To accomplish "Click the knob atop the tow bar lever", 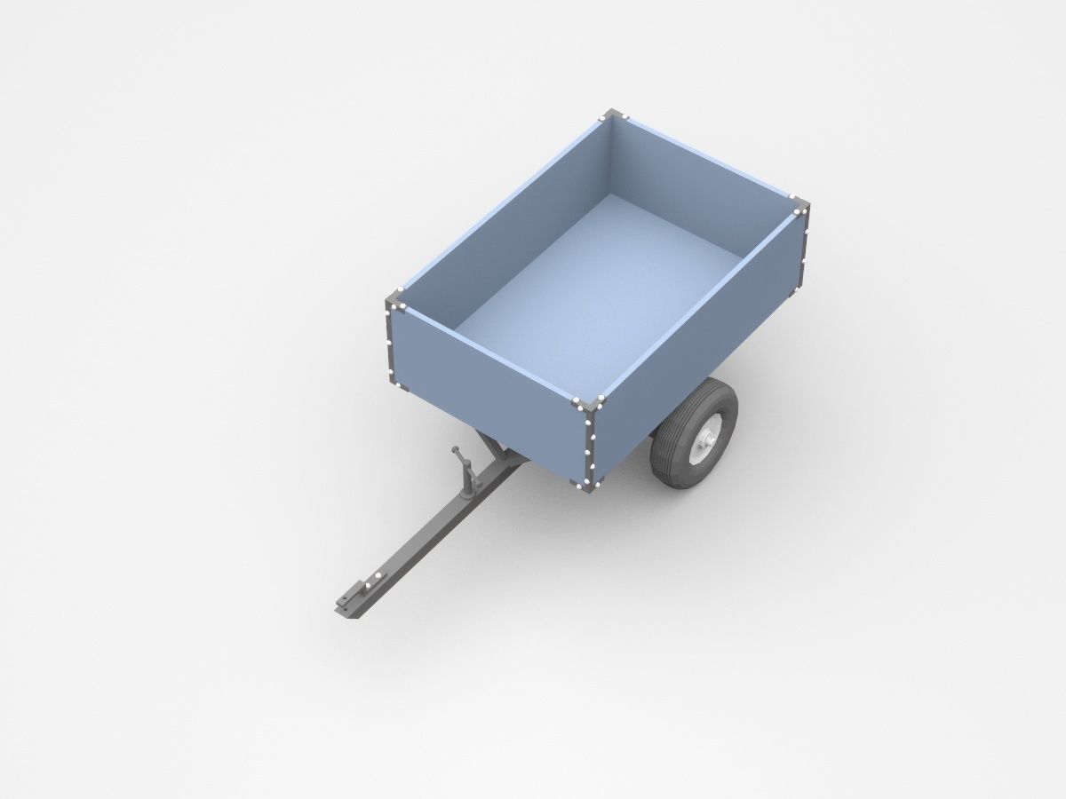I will (x=456, y=450).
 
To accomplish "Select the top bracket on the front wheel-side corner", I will (x=588, y=405).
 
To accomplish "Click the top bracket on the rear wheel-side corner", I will (x=799, y=206).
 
